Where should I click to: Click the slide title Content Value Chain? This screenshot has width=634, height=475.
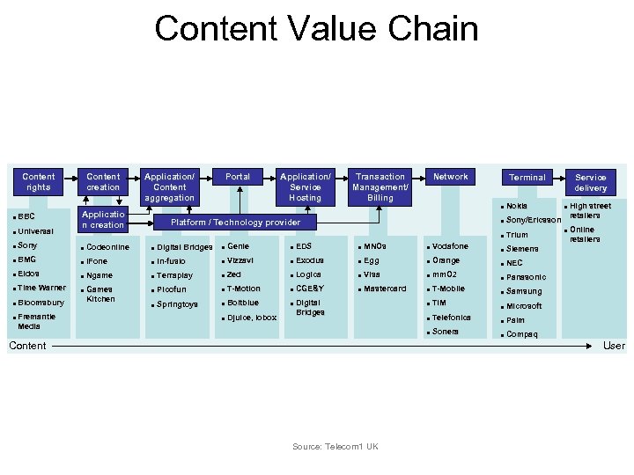[316, 28]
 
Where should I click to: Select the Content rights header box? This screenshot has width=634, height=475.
[38, 182]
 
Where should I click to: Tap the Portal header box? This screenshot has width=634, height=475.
[238, 177]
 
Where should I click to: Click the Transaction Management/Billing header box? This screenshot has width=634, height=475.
[380, 186]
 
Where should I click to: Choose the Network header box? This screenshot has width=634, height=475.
[450, 177]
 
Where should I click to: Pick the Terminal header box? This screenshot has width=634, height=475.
[527, 178]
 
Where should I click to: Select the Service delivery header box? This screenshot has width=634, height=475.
[590, 183]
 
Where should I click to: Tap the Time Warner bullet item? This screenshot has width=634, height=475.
[41, 288]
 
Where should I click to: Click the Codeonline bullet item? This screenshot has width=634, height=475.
[107, 247]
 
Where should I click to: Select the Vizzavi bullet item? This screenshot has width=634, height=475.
[240, 260]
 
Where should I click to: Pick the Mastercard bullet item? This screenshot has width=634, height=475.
[384, 289]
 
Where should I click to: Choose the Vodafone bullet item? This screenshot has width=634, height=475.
[450, 246]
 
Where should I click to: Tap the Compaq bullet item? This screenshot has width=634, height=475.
[521, 334]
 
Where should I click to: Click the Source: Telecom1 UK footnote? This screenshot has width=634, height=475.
[335, 447]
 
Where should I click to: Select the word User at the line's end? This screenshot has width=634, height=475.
[614, 346]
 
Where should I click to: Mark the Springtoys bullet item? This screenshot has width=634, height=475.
[177, 304]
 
